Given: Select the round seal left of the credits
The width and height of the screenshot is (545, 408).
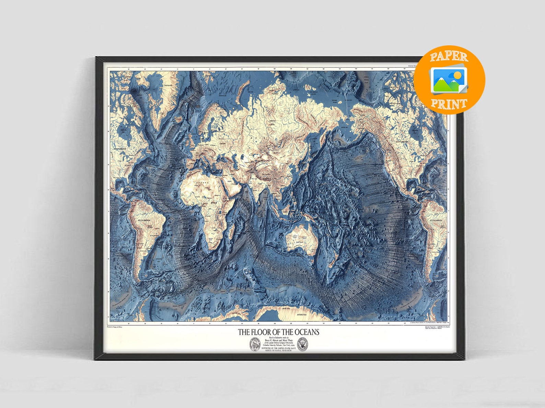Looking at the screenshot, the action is click(255, 345).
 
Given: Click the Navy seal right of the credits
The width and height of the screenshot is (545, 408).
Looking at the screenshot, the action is click(303, 344).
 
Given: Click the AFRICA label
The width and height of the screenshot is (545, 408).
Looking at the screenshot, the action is click(205, 203).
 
